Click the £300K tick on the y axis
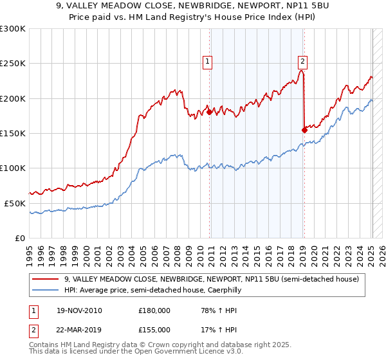(x=13, y=29)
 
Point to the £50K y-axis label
(x=15, y=203)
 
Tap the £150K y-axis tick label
(x=13, y=133)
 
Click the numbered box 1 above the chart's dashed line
(x=208, y=62)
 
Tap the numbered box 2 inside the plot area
(x=302, y=62)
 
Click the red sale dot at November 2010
(x=210, y=112)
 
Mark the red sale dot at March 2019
(x=304, y=129)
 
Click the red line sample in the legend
(x=46, y=279)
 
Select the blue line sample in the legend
(x=46, y=290)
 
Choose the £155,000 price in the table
(x=154, y=329)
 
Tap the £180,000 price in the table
(x=154, y=311)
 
